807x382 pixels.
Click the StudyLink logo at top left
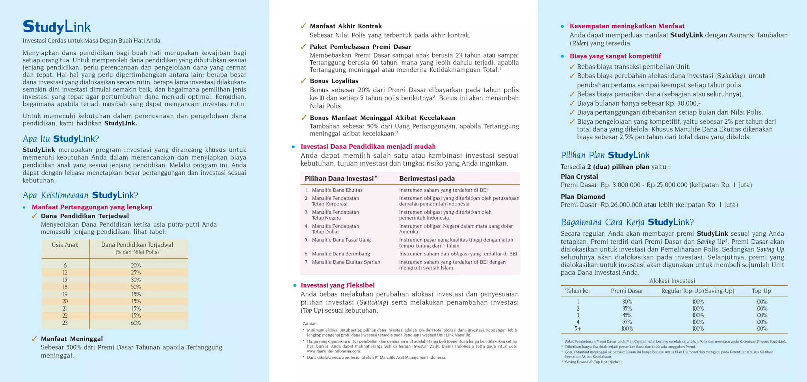(x=57, y=27)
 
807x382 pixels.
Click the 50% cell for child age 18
(x=136, y=287)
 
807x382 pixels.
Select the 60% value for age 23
(x=136, y=323)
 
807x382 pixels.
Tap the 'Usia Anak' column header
(x=65, y=245)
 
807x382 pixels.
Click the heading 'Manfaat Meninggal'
(x=72, y=339)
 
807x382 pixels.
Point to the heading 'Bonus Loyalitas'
(x=334, y=81)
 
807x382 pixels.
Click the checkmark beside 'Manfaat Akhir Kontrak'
(x=303, y=26)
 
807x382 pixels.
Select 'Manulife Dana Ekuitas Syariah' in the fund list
(x=346, y=262)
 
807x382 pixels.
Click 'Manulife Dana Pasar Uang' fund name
(x=341, y=240)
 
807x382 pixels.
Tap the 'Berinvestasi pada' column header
(x=427, y=179)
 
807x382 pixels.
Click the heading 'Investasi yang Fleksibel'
(x=337, y=285)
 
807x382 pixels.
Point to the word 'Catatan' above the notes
(x=310, y=324)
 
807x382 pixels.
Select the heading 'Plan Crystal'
(x=579, y=177)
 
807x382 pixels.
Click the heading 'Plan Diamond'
(x=582, y=196)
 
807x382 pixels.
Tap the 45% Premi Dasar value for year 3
(x=627, y=315)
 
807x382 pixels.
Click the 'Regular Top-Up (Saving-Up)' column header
(x=697, y=291)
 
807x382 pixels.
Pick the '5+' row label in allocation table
(x=578, y=328)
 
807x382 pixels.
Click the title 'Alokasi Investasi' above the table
(x=672, y=281)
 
